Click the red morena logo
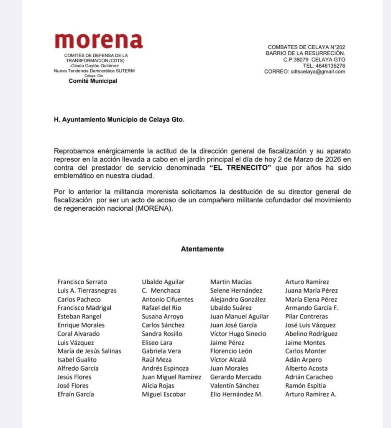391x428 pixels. point(99,41)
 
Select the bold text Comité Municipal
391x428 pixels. point(93,81)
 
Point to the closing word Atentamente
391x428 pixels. point(202,249)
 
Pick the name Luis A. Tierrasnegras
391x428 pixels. point(87,290)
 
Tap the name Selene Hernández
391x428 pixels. point(236,290)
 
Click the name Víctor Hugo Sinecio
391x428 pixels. point(238,334)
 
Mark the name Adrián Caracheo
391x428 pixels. point(309,377)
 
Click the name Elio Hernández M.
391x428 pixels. point(236,394)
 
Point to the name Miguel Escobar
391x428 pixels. point(164,394)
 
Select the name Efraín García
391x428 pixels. point(76,394)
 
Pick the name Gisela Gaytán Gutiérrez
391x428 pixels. point(95,66)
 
